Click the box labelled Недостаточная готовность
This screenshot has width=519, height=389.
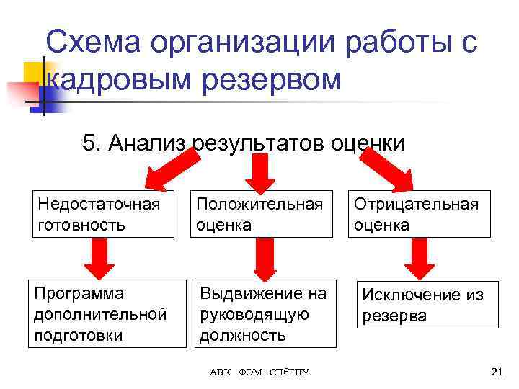coord(103,214)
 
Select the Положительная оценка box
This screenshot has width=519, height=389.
coord(263,214)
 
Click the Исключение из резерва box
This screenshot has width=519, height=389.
coord(427,305)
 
